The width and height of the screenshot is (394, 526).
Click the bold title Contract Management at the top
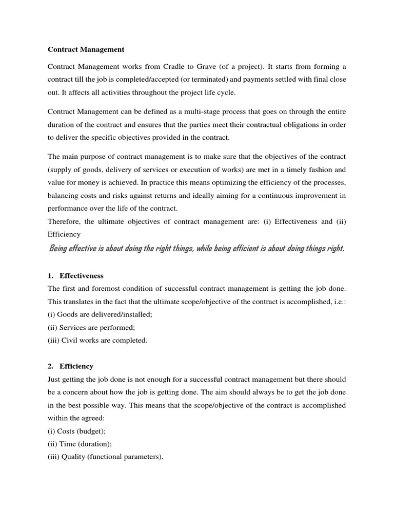(86, 50)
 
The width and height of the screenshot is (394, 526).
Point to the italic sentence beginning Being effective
(196, 249)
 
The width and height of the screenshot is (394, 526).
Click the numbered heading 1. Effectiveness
(75, 276)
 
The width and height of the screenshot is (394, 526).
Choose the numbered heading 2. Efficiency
(70, 366)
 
